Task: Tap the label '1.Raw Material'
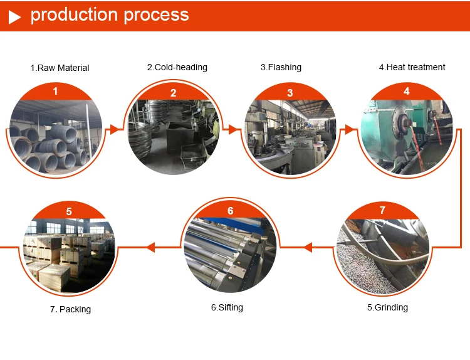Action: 60,68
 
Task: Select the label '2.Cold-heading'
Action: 177,67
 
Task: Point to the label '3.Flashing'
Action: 281,67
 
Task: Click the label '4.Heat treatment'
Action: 412,67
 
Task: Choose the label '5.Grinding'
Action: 387,307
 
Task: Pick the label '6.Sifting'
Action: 227,307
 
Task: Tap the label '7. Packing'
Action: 71,309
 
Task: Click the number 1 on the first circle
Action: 55,91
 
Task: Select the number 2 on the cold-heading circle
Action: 174,93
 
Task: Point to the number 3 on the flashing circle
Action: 290,93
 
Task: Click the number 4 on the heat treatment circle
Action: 406,91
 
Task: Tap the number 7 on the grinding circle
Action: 382,210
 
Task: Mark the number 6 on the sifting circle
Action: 230,211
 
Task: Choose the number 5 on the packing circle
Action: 69,211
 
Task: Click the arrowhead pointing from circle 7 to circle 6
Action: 307,248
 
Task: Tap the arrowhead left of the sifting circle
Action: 150,248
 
